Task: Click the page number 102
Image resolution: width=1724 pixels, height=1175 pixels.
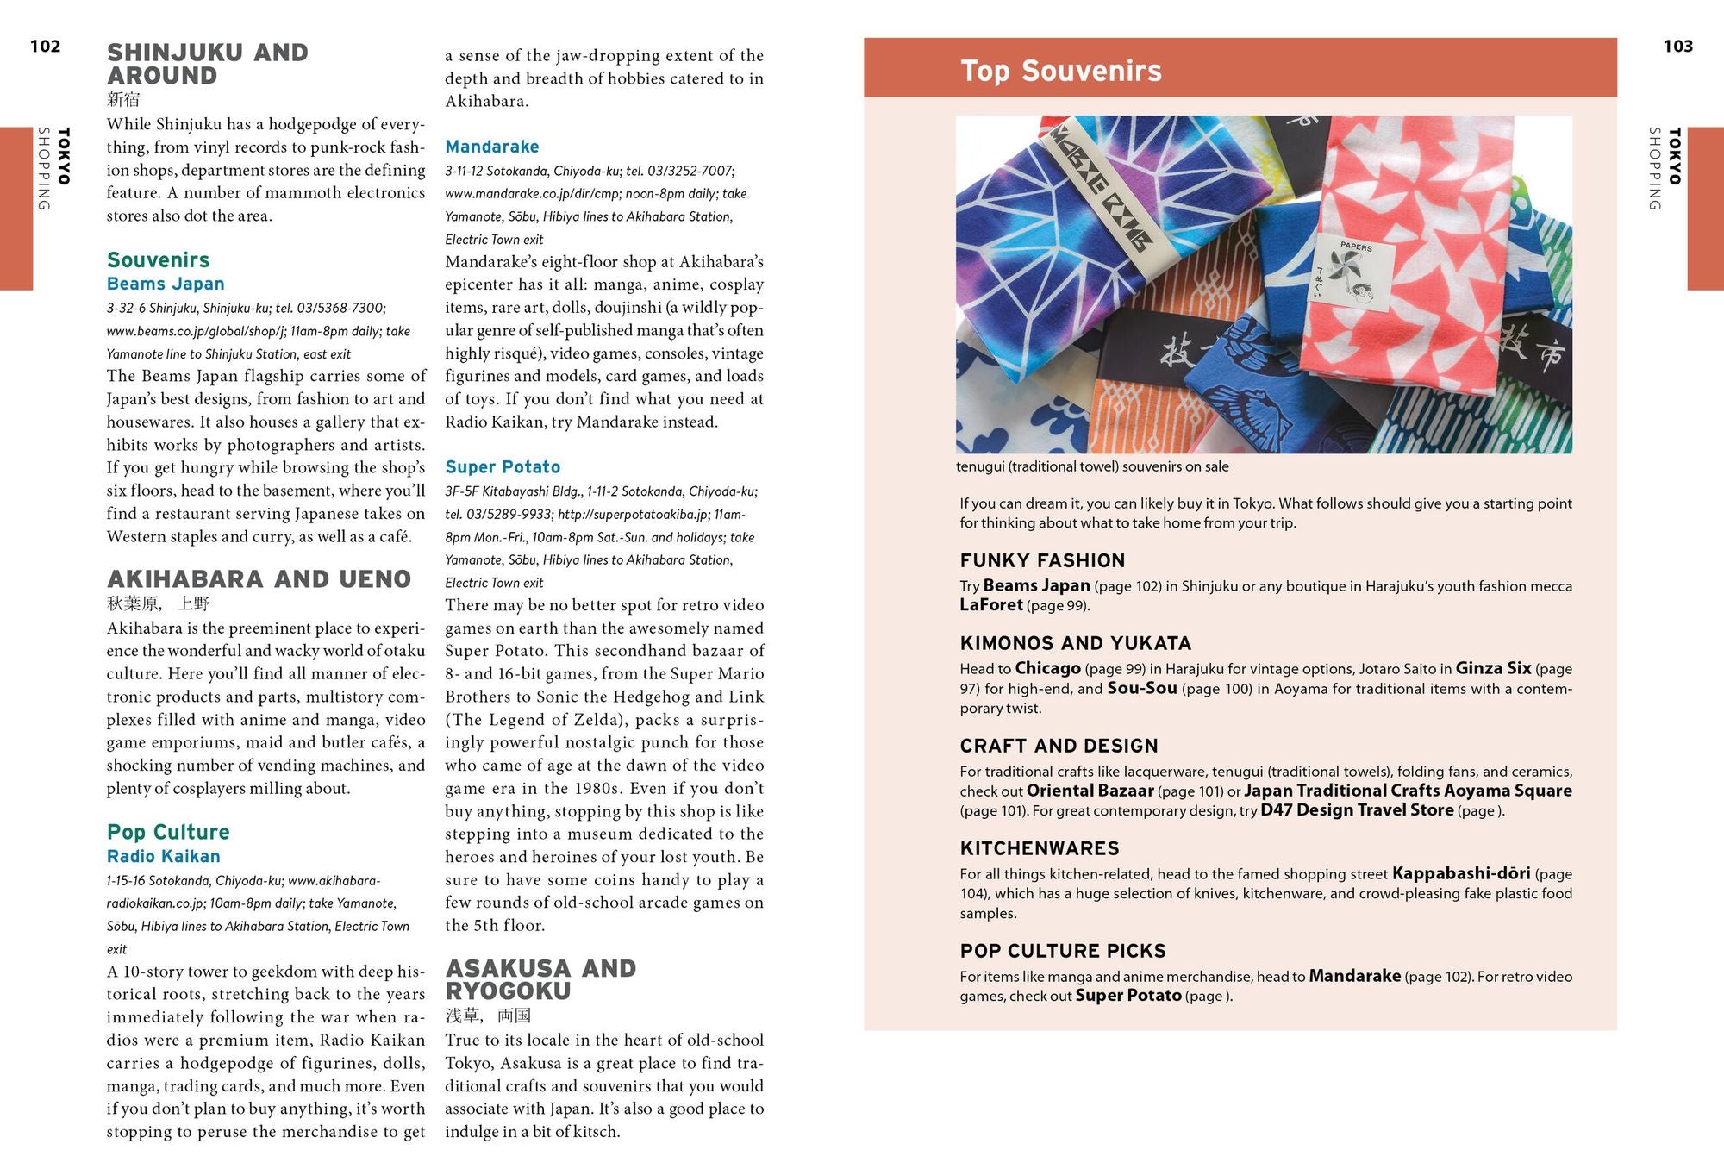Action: [45, 47]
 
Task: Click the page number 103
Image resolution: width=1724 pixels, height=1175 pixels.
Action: [1677, 47]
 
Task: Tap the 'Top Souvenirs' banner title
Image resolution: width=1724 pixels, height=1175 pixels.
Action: [1060, 71]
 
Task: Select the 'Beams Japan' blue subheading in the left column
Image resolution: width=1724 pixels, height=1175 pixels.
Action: [166, 284]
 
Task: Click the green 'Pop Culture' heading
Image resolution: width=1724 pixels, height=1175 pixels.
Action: [168, 832]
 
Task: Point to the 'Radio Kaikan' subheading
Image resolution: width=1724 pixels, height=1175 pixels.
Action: [163, 856]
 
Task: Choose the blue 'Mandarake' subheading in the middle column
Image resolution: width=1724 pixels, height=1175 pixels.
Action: [491, 147]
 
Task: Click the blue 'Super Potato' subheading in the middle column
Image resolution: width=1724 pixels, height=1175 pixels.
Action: [503, 467]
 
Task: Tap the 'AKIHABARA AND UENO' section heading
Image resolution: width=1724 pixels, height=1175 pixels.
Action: [259, 579]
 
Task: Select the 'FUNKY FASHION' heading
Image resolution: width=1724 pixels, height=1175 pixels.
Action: [1042, 560]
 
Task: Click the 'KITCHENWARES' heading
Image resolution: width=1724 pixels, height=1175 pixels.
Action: [1040, 848]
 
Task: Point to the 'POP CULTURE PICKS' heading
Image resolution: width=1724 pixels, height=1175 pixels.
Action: [1063, 951]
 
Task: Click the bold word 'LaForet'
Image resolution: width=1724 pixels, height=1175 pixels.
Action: [991, 605]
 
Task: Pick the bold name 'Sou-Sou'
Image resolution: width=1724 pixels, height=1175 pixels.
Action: [1141, 688]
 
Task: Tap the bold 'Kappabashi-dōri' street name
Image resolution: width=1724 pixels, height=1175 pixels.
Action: [1461, 873]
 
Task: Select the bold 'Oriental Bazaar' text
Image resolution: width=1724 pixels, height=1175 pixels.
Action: [1090, 791]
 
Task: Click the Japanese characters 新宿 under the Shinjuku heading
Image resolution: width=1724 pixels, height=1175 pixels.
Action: [123, 99]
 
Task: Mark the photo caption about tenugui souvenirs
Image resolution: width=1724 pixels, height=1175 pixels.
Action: [1092, 466]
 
